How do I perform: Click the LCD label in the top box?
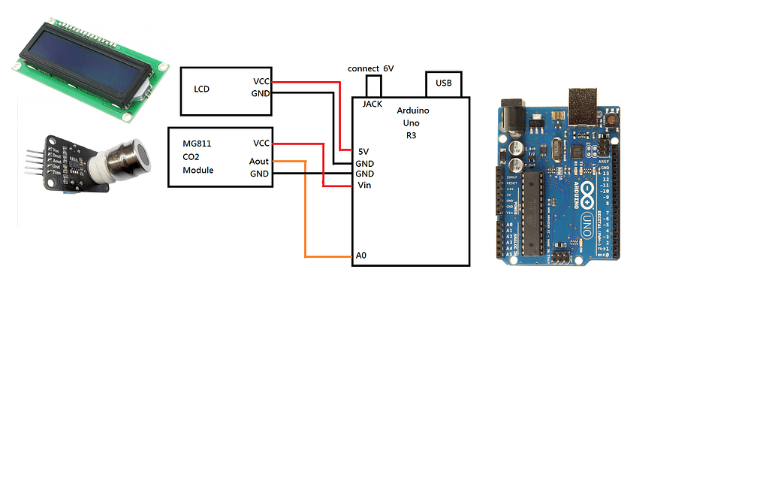(201, 89)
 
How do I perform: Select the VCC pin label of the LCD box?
(261, 81)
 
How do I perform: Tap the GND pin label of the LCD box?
(260, 93)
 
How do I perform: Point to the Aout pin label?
(259, 162)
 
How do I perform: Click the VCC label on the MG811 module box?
(261, 143)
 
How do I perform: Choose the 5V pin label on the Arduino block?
(363, 151)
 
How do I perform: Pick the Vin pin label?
(363, 185)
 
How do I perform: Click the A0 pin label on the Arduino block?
(361, 256)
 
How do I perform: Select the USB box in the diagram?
(444, 83)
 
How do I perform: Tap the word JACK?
(372, 104)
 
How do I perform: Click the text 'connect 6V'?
(370, 68)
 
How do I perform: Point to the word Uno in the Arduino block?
(412, 123)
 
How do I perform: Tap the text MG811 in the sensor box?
(197, 143)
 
